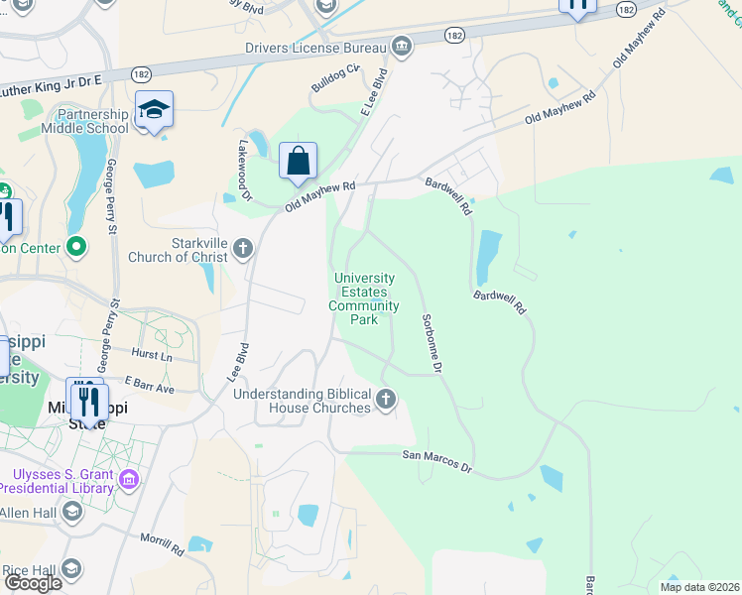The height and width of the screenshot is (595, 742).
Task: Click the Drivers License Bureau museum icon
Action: tap(401, 46)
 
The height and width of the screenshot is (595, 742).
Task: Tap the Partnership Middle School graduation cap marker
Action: tap(154, 109)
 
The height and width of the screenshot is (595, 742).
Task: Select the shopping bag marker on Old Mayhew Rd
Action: tap(298, 162)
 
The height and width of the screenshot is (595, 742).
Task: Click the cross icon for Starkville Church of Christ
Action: tap(245, 250)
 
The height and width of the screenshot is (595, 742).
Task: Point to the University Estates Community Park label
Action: tap(364, 299)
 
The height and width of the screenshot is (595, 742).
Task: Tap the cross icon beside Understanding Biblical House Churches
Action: tap(386, 400)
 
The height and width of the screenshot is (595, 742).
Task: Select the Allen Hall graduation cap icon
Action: tap(71, 511)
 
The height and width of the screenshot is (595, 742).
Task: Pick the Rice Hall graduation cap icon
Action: tap(71, 569)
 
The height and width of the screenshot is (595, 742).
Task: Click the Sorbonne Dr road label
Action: tap(430, 343)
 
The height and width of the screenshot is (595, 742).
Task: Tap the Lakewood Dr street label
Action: tap(244, 170)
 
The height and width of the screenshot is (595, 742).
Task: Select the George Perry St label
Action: tap(112, 196)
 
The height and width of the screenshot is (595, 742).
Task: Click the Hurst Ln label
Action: tap(151, 355)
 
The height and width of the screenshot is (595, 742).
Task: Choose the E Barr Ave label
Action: tap(149, 385)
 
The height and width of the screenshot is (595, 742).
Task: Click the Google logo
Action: tap(33, 582)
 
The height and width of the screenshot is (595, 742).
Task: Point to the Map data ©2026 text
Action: tap(698, 587)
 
